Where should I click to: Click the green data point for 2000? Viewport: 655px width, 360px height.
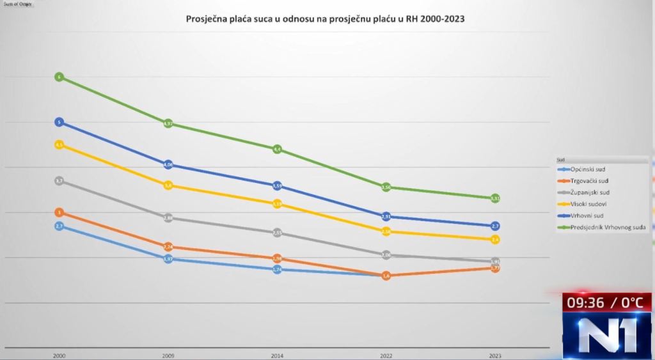point(59,77)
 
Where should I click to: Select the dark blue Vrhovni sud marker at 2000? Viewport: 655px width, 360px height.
point(59,121)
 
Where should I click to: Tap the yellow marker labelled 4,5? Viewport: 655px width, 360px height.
point(59,145)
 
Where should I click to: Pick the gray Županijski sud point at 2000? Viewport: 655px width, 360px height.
point(59,181)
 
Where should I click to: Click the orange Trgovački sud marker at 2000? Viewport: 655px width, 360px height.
point(59,212)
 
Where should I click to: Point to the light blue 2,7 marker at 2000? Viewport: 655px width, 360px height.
point(59,226)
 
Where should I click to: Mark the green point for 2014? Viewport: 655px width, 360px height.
point(277,150)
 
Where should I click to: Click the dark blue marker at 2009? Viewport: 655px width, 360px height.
point(168,165)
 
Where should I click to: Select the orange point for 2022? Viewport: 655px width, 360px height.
point(386,276)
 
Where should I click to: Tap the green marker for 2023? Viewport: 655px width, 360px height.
point(495,198)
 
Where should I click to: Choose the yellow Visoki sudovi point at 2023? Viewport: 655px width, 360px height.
point(495,239)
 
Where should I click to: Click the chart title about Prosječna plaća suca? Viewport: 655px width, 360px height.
point(325,19)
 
